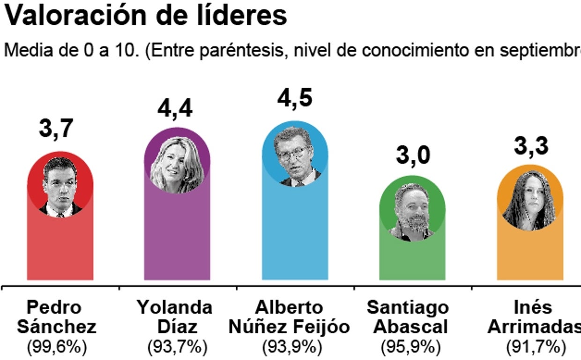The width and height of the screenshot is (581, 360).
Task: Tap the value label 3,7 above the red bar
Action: pyautogui.click(x=56, y=129)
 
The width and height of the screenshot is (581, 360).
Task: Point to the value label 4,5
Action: pyautogui.click(x=294, y=99)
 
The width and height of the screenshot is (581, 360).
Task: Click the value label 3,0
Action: pyautogui.click(x=412, y=155)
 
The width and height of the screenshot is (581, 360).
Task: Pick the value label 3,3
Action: pyautogui.click(x=531, y=146)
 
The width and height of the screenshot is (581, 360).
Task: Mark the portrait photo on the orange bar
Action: pyautogui.click(x=530, y=199)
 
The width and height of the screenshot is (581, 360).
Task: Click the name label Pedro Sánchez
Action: pyautogui.click(x=56, y=317)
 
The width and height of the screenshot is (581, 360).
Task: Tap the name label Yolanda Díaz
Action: pyautogui.click(x=174, y=317)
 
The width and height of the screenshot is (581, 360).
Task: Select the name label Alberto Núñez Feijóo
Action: pyautogui.click(x=290, y=317)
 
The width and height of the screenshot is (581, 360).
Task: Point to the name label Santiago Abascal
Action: pyautogui.click(x=408, y=317)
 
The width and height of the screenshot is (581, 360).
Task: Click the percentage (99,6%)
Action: pyautogui.click(x=57, y=347)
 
